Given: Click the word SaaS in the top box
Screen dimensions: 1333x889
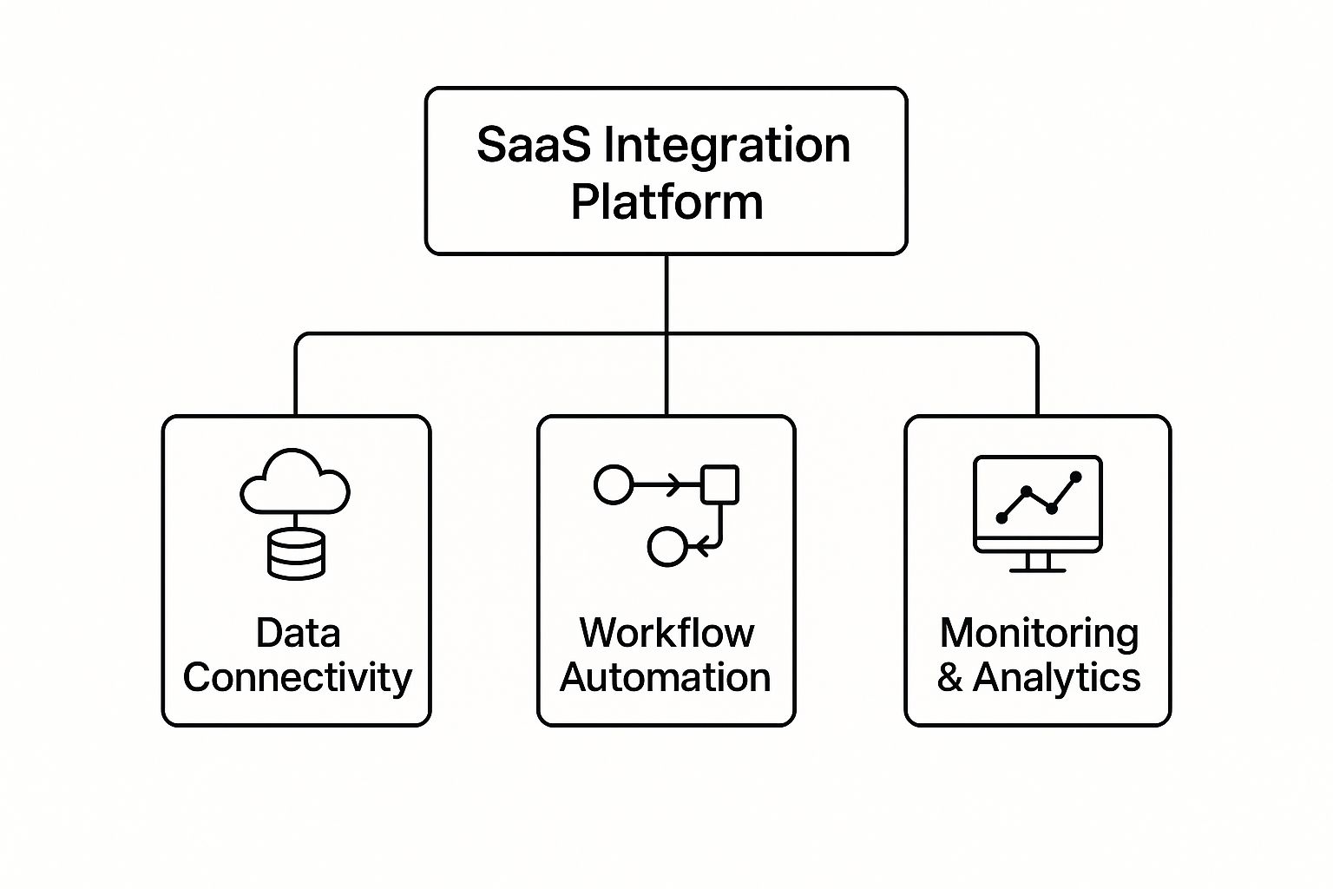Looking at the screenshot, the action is (x=534, y=144).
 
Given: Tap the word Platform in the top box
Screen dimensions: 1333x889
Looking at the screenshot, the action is (x=666, y=202).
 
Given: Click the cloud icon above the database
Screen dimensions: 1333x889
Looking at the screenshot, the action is (x=295, y=481).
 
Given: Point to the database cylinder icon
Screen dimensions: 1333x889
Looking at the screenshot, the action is (x=296, y=554).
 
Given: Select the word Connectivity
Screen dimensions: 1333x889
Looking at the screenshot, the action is (x=298, y=679).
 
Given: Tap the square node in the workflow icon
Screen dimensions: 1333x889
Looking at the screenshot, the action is (x=720, y=484).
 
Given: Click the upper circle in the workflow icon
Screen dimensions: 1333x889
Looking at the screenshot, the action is (x=614, y=484).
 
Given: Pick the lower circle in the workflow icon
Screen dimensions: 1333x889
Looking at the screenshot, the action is (x=667, y=546).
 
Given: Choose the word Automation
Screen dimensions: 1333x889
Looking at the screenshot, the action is (x=666, y=678).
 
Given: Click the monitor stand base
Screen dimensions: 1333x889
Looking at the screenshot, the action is (x=1038, y=570).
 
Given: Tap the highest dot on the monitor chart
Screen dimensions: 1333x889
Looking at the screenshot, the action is (x=1076, y=477).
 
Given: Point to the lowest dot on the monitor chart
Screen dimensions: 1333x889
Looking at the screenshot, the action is (x=1001, y=518).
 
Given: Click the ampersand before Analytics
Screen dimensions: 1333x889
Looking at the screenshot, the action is (x=949, y=678).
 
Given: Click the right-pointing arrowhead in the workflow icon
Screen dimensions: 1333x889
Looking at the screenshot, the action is (x=674, y=484).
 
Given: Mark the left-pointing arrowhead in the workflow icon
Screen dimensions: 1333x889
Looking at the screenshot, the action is (x=701, y=546).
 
